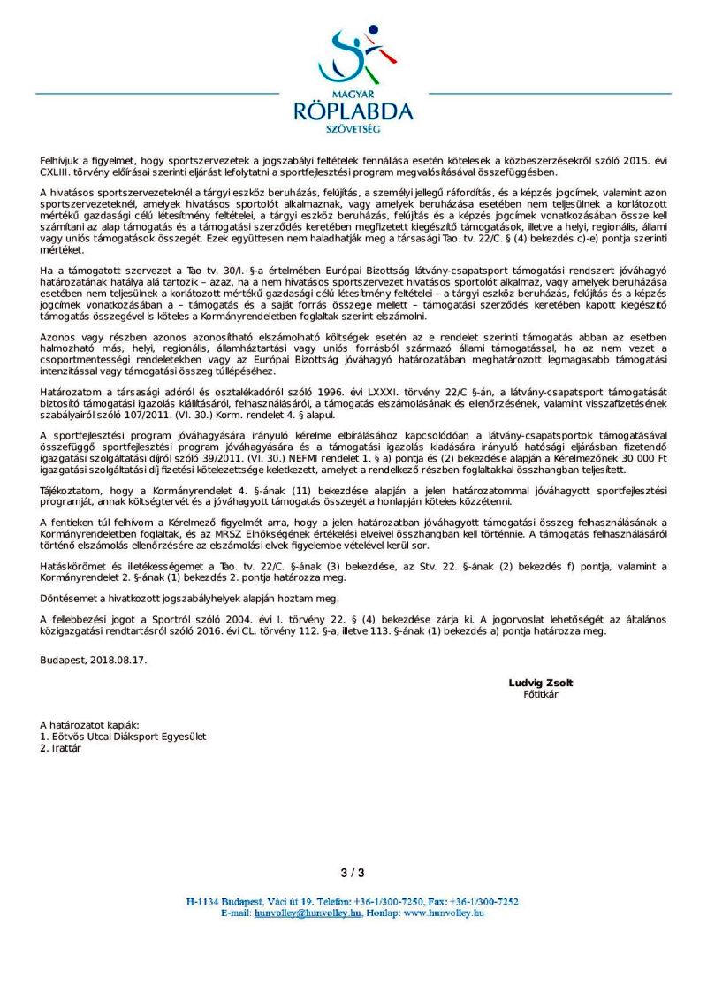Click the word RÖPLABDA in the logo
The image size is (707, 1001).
353,111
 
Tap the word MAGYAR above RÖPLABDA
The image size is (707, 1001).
353,92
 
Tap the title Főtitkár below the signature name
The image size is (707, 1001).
536,694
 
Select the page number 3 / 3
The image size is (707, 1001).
353,873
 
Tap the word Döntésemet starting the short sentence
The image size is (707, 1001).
70,599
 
